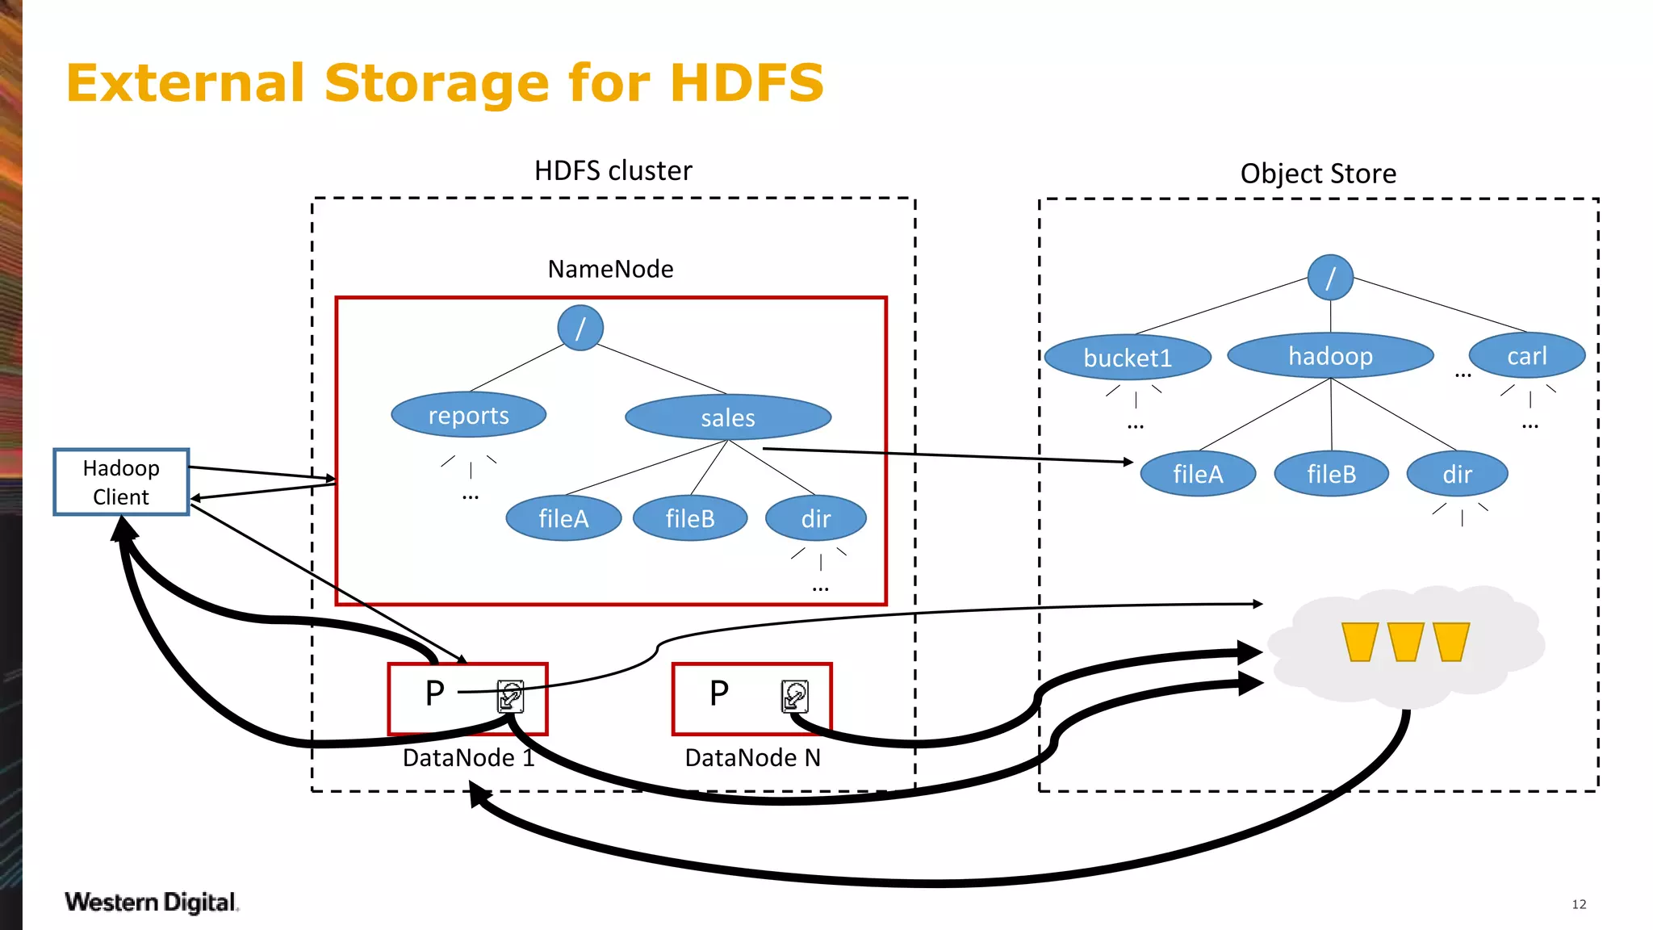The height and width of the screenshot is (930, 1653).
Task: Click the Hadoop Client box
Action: [121, 482]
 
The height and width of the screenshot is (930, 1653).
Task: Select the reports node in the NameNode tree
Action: [468, 415]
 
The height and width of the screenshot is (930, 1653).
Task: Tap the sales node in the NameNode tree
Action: [727, 417]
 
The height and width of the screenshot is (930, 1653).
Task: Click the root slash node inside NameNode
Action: [580, 328]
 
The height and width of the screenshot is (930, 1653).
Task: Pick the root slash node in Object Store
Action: [1330, 278]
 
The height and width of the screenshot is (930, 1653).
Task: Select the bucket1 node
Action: [1127, 357]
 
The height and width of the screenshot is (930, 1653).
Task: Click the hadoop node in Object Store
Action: [1330, 355]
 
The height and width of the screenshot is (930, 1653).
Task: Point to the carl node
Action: [1526, 355]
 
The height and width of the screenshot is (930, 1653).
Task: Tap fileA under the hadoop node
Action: [1198, 474]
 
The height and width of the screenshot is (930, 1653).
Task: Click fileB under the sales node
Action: [690, 518]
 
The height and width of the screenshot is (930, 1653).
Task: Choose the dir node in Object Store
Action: [1457, 474]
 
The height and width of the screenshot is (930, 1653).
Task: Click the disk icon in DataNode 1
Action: [510, 696]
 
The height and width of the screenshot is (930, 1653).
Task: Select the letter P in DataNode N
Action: [718, 693]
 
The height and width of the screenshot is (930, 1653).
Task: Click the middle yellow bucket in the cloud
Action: [1405, 642]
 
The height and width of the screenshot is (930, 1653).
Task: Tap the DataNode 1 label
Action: [468, 757]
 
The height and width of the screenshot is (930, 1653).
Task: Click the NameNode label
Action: [610, 269]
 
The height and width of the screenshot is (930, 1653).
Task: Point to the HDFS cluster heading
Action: [613, 171]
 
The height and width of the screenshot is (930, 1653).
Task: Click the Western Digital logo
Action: [151, 902]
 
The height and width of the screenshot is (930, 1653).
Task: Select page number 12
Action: [1579, 904]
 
